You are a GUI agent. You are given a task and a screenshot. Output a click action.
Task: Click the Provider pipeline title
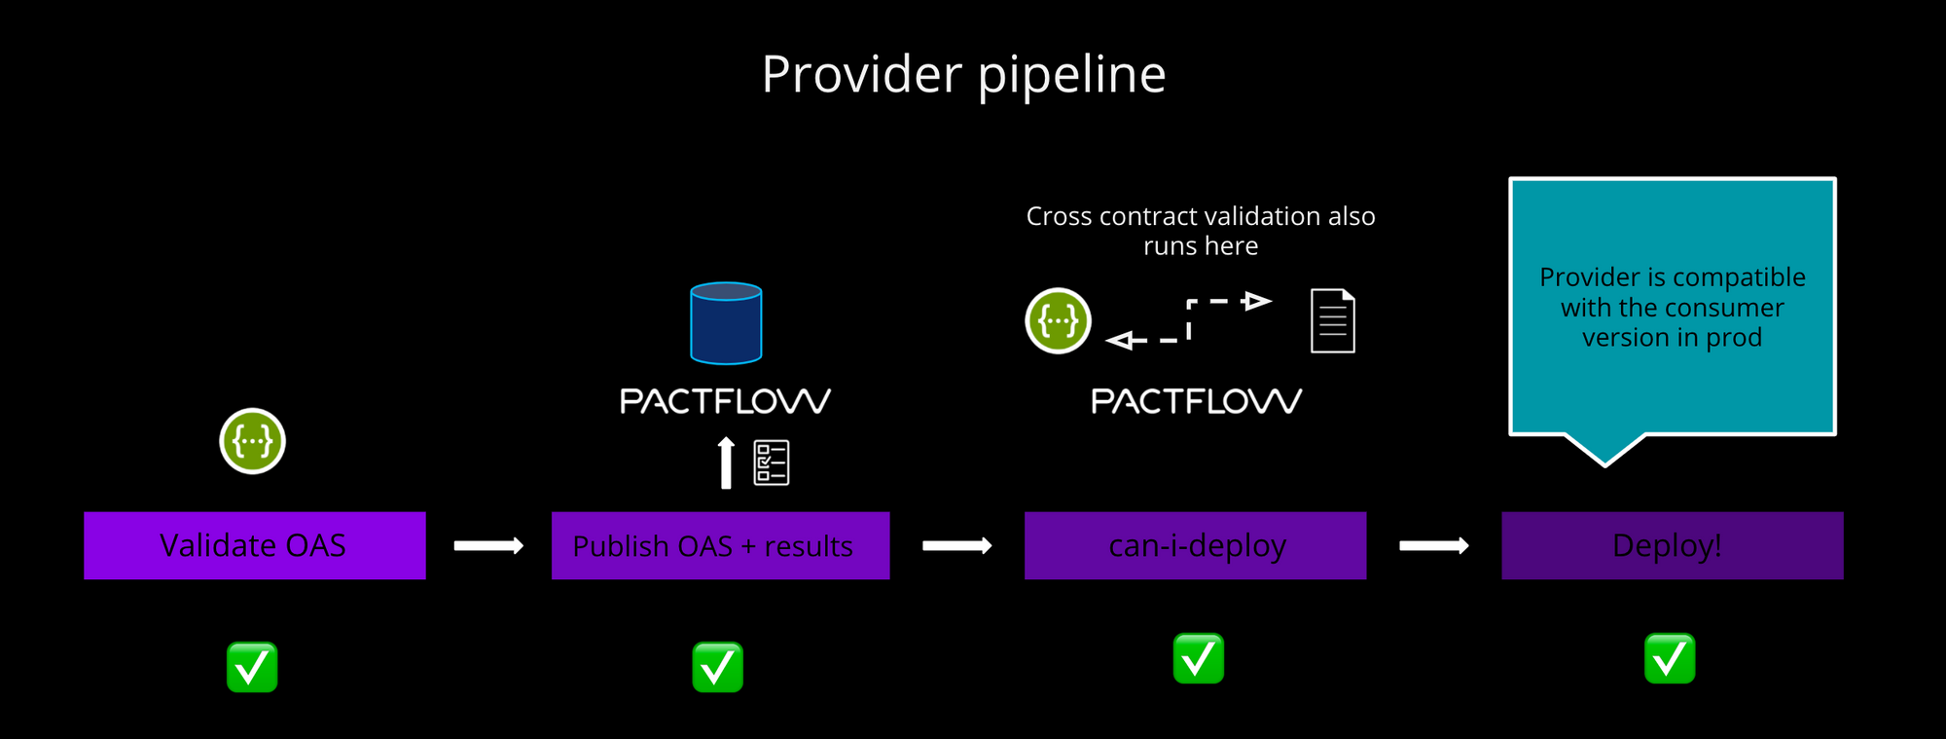click(963, 74)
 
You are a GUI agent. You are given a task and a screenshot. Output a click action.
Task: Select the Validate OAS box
click(254, 545)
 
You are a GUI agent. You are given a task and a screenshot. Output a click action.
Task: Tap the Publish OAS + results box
click(720, 545)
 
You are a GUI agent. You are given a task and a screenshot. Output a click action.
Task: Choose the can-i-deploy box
click(1195, 545)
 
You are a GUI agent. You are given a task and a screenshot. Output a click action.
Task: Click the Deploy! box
click(1672, 545)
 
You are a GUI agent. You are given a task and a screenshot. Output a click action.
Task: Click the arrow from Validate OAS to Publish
click(488, 546)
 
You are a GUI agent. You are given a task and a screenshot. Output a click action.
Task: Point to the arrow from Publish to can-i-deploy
click(956, 546)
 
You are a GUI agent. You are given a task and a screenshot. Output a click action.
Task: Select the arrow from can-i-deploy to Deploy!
click(1433, 546)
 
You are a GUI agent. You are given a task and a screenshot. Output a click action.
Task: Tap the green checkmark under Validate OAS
click(252, 667)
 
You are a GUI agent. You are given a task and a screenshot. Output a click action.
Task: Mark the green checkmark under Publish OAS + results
click(717, 667)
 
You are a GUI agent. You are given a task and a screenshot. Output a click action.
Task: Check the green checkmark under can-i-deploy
click(1198, 659)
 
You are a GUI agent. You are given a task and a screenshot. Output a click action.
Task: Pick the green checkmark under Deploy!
click(1670, 659)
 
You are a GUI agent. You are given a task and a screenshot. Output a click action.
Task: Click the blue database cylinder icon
click(726, 323)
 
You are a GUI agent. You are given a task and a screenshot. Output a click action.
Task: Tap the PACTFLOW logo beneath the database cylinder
click(725, 401)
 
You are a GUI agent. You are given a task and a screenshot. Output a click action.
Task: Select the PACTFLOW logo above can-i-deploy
click(1196, 401)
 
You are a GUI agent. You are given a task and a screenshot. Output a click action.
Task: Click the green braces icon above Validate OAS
click(252, 441)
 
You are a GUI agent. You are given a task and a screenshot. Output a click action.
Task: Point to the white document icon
click(1332, 320)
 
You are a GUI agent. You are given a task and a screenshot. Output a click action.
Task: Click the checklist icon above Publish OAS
click(772, 462)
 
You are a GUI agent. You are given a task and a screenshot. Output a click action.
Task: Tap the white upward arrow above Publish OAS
click(725, 462)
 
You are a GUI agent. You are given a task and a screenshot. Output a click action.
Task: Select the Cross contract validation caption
click(1200, 231)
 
